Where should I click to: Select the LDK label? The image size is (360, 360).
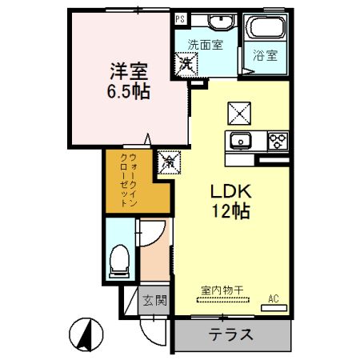[231, 192]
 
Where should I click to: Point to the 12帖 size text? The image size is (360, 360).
[231, 212]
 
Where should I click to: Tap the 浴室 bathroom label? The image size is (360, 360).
[266, 55]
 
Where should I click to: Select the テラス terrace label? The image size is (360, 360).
[230, 335]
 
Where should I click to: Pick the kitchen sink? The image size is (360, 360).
[241, 142]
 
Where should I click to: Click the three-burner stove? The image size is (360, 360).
[277, 142]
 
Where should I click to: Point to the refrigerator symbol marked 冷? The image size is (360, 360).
[169, 162]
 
